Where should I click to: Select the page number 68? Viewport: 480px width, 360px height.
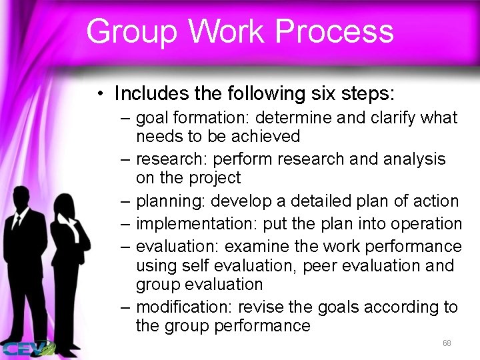tap(447, 343)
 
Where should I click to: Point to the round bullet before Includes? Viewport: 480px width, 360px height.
tap(99, 91)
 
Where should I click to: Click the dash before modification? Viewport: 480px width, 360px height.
tap(127, 307)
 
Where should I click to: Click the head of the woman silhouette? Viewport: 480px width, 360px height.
tap(67, 205)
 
